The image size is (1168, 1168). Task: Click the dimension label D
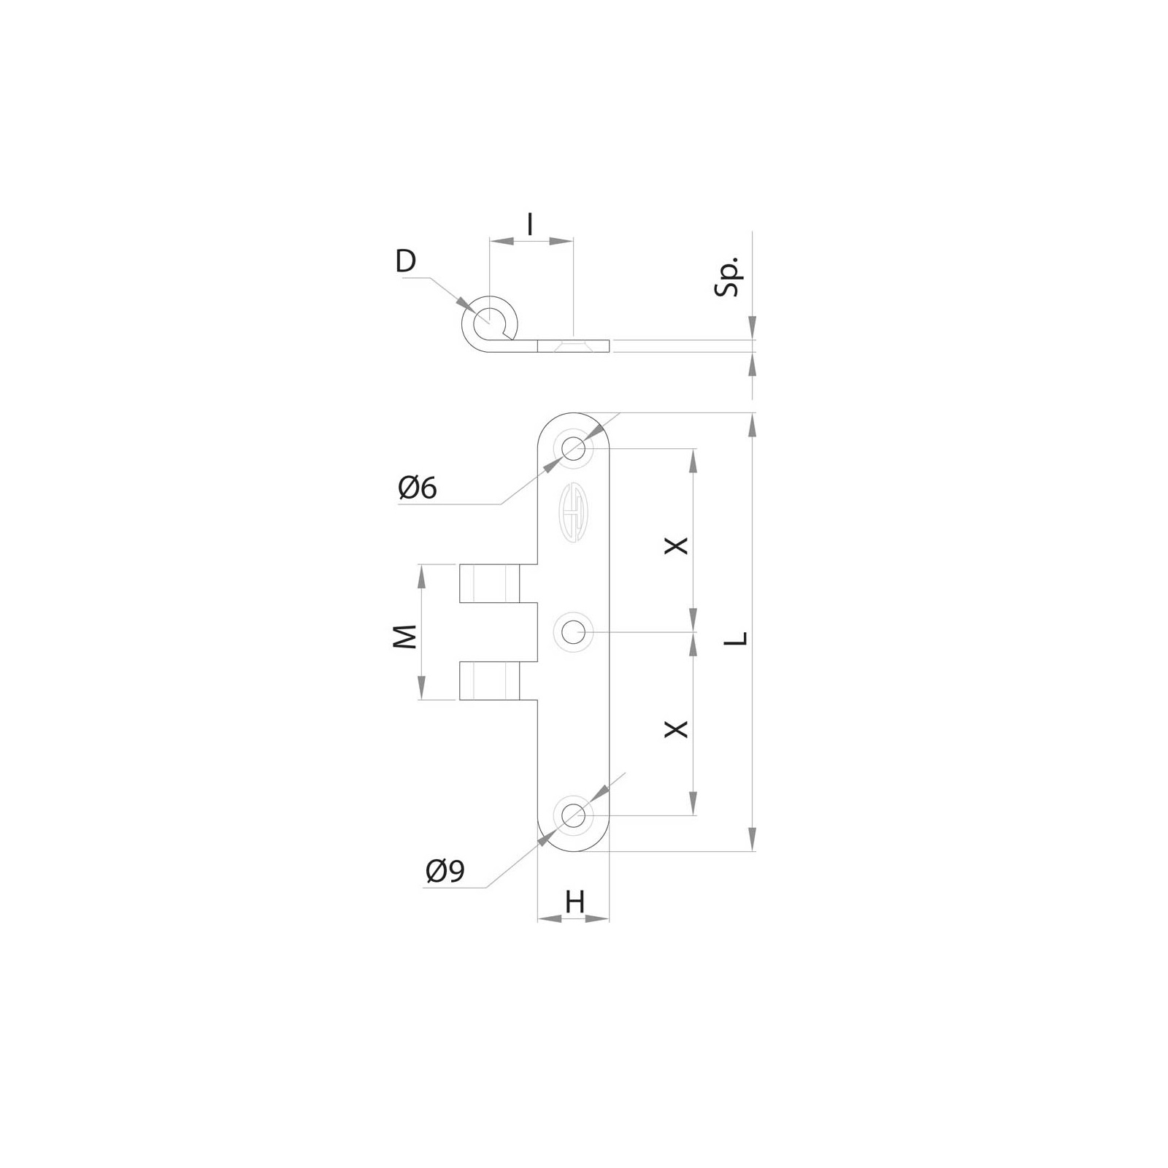(x=405, y=261)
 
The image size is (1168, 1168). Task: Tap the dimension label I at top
(x=530, y=224)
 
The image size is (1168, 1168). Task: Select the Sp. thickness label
(x=728, y=276)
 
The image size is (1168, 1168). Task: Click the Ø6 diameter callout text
(x=418, y=488)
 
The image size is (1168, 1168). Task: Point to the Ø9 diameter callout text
(x=445, y=871)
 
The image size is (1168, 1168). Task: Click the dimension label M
(x=405, y=637)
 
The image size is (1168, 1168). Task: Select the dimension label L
(x=739, y=639)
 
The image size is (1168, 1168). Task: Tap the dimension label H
(x=575, y=903)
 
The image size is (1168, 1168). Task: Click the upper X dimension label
(x=677, y=545)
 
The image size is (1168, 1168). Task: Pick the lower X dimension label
(x=677, y=728)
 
